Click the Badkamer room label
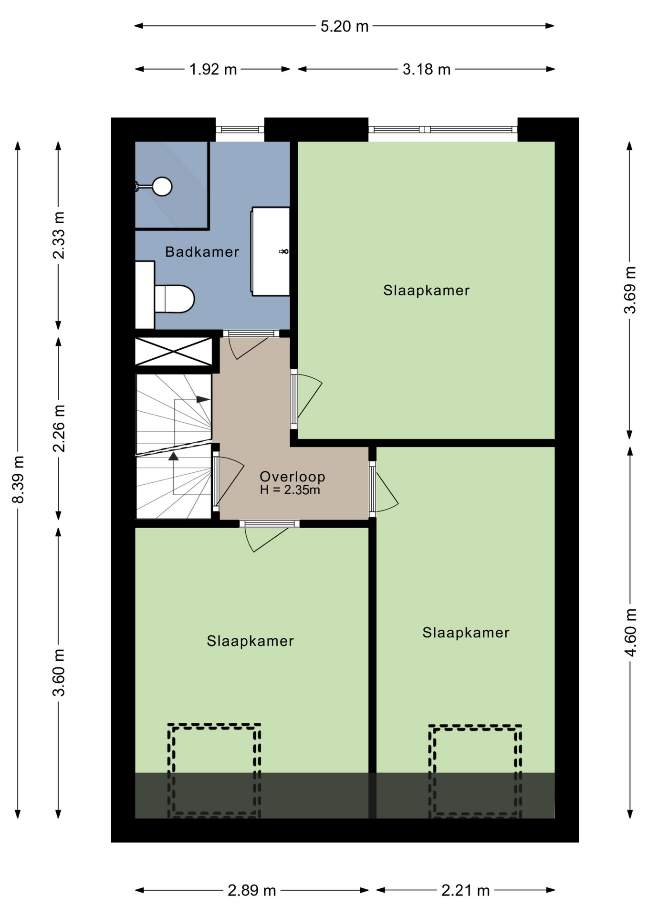202,252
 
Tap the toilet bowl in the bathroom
174,299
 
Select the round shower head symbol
162,187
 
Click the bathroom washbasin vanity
271,251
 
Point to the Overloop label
292,476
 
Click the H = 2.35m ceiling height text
290,490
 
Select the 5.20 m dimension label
345,26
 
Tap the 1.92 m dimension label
213,70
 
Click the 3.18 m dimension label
426,70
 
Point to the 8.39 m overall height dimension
18,479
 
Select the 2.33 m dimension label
58,235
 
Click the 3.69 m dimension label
630,290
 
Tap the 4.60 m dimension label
630,633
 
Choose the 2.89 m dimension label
252,890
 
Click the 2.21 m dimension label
465,890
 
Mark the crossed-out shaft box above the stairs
174,352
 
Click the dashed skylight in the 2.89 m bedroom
214,770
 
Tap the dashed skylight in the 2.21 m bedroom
475,771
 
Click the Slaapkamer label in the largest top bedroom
426,291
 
